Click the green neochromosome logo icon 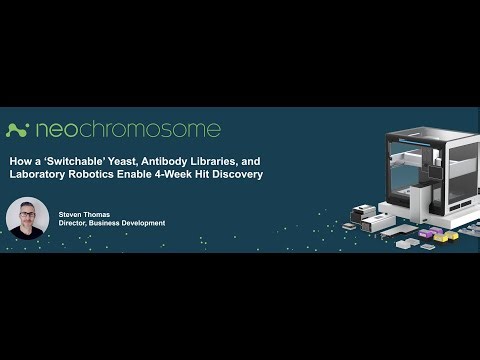point(17,130)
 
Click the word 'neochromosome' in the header point(127,130)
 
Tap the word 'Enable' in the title point(164,176)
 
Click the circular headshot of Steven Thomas point(27,218)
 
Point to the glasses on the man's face point(27,212)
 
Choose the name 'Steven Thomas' point(86,212)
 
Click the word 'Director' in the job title point(76,223)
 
